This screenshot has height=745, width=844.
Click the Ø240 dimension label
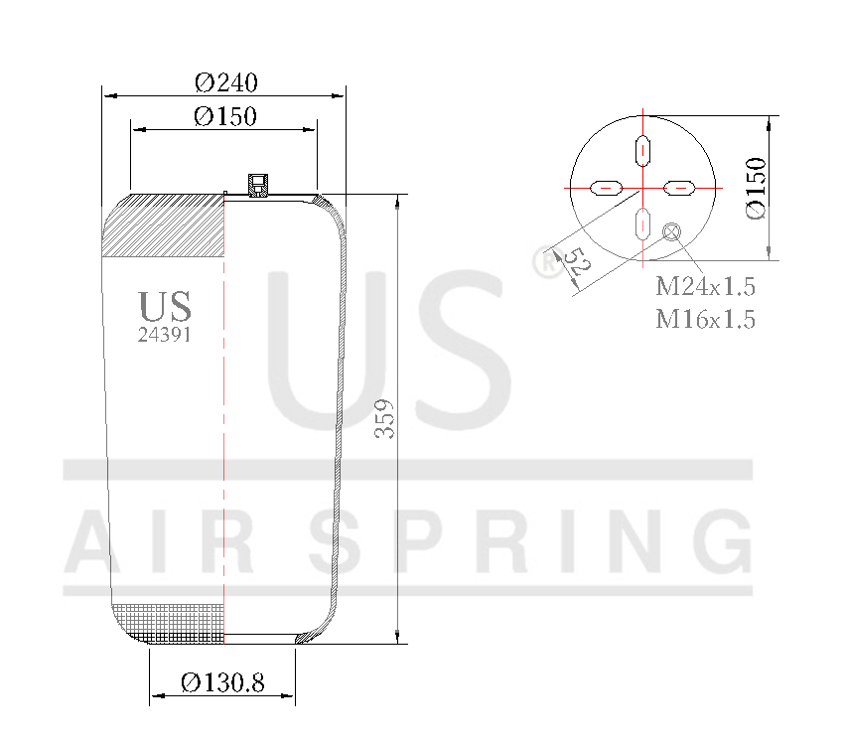pos(225,81)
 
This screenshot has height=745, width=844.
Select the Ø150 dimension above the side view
pos(225,116)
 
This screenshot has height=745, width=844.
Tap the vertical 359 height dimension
pos(385,419)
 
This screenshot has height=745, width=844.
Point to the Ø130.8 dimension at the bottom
pos(222,683)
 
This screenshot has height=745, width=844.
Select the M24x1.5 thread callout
pos(705,288)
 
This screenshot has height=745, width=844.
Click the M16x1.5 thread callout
pos(705,319)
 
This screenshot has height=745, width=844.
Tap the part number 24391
pos(164,335)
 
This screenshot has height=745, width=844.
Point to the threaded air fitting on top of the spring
pos(259,184)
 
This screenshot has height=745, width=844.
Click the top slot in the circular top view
pos(642,149)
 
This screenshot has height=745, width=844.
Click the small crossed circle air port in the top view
pos(671,232)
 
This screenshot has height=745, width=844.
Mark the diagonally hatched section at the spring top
pos(167,225)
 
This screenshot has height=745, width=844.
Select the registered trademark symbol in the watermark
pos(546,263)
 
